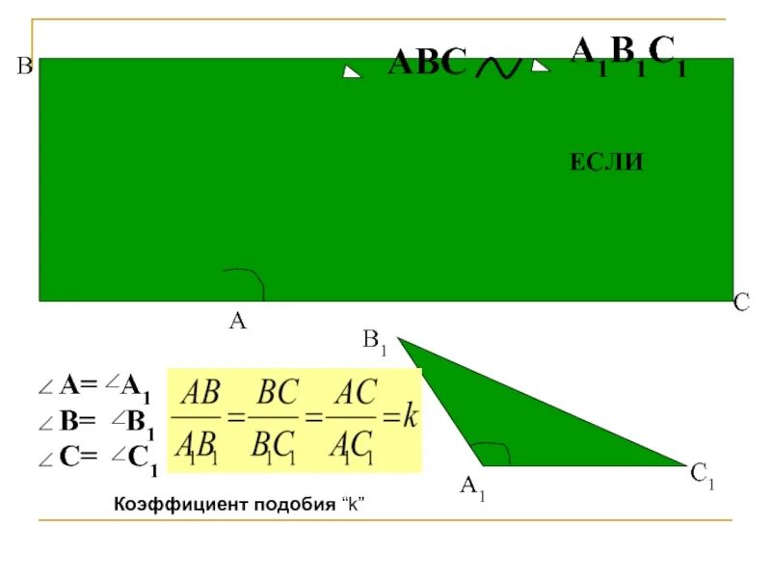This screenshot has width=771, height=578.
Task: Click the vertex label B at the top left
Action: pos(24,66)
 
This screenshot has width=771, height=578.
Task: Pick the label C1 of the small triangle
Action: pos(702,474)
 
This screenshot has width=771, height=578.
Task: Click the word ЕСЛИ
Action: pos(606,164)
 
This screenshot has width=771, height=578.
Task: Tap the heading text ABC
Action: pos(427,65)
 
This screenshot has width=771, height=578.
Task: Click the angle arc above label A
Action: pos(248,280)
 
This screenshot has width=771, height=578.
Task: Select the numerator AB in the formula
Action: pos(201,393)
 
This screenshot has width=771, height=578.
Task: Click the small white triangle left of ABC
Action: pos(352,71)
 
